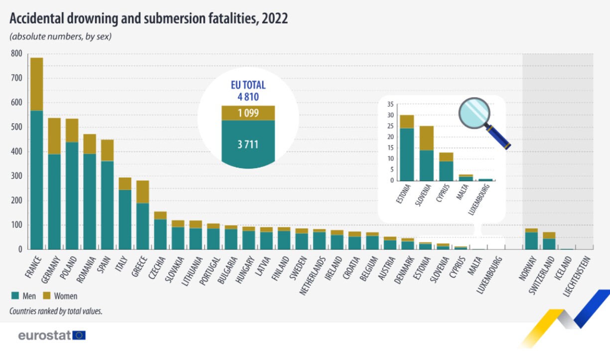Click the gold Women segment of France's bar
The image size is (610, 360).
tap(36, 84)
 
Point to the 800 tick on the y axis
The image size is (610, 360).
tap(16, 54)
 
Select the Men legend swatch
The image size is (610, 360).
tap(14, 296)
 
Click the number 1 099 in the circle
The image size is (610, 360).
tap(248, 113)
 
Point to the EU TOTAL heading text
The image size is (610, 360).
tap(248, 85)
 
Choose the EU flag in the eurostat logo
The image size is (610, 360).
tap(79, 335)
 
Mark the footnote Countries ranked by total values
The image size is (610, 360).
tap(56, 311)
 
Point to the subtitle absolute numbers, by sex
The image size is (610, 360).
tap(60, 36)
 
